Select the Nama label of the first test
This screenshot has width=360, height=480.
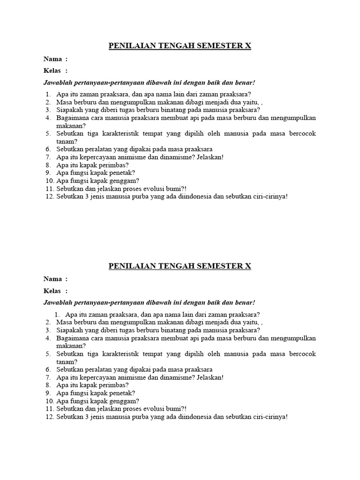[x=52, y=59]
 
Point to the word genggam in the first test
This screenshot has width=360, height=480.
[x=123, y=180]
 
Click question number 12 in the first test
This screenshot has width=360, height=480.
[x=50, y=196]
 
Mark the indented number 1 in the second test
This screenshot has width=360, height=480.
[x=58, y=315]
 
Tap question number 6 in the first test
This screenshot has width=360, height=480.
[x=48, y=149]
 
